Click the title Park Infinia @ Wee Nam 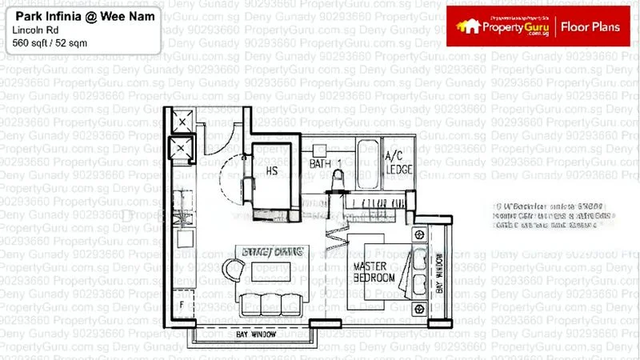pyautogui.click(x=70, y=16)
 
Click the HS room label pyautogui.click(x=272, y=170)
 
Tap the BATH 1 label pyautogui.click(x=326, y=164)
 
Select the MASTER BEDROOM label pyautogui.click(x=374, y=271)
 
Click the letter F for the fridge pyautogui.click(x=182, y=304)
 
